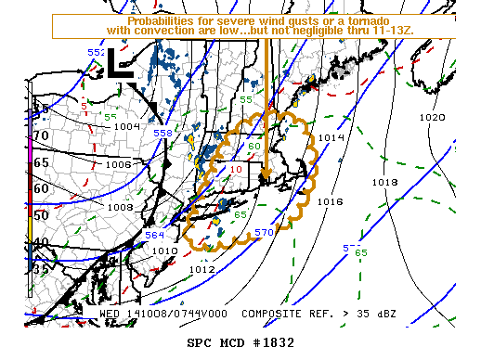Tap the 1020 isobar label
pos(432,118)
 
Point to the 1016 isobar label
pos(330,201)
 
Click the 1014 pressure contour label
pos(331,137)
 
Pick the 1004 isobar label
pos(126,126)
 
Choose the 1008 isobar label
pos(121,207)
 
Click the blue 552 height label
pos(97,53)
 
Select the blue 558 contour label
pos(162,134)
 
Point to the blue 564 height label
pos(154,236)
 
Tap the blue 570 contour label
pos(264,232)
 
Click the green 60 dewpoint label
pos(253,146)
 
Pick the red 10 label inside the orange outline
pos(236,170)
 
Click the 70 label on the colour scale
pos(40,135)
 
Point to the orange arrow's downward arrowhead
pos(265,174)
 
